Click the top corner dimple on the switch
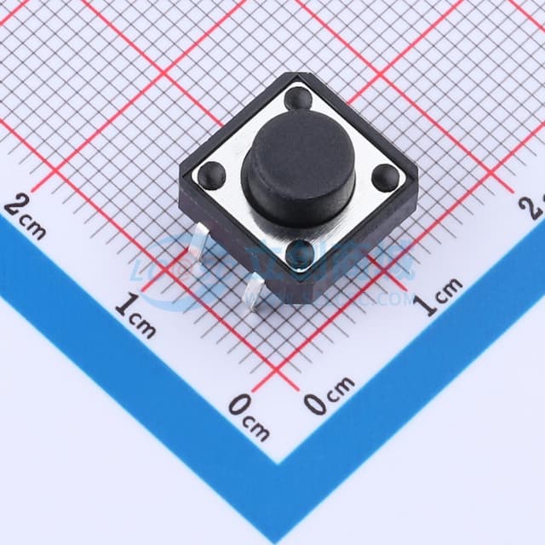[x=299, y=100]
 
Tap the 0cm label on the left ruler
[x=249, y=415]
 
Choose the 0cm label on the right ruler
[x=329, y=396]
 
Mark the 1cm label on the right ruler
[x=441, y=295]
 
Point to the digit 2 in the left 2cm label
[x=14, y=205]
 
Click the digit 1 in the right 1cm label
[x=430, y=304]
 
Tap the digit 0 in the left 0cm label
[x=238, y=405]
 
